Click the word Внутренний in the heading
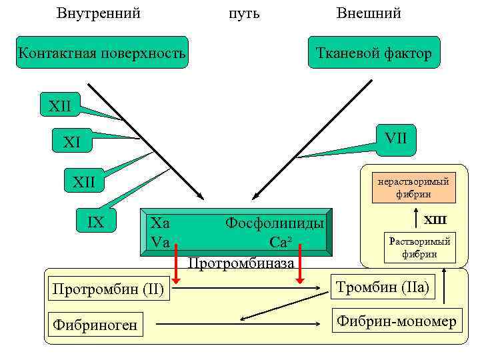pos(99,13)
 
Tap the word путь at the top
pos(244,13)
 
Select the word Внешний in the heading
pos(369,13)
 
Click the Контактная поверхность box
pos(102,53)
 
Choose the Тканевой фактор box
pos(374,53)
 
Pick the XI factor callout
pos(71,142)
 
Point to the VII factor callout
pos(395,138)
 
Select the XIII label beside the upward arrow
pos(435,220)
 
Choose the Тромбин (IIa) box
pos(383,288)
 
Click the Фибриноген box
pos(95,325)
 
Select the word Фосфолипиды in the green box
pos(275,223)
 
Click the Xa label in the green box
pos(160,223)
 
